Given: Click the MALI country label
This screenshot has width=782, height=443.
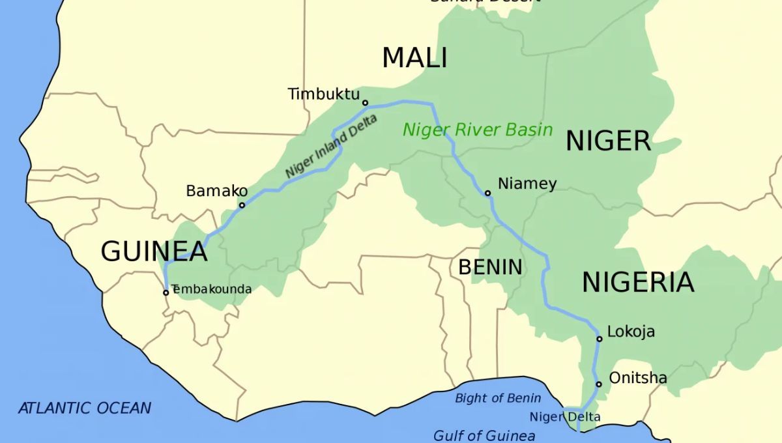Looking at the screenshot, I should point(414,58).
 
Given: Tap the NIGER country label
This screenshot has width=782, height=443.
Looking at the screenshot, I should point(607,141).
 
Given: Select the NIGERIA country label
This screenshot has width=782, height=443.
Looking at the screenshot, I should point(637,282).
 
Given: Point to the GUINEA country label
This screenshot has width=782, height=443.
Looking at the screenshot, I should point(154,251).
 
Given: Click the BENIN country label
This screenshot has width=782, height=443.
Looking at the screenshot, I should point(490,266).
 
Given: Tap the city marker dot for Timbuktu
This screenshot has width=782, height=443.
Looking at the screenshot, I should point(365,102).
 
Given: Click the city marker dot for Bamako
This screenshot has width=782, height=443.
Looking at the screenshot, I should point(242,205).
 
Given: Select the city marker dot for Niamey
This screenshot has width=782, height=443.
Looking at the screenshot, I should point(487,193).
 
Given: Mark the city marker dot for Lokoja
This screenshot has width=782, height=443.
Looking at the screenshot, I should point(600,339).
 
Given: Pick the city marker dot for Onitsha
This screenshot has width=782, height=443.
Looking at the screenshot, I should point(599,384).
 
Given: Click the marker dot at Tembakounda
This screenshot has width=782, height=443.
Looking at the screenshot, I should point(166,292).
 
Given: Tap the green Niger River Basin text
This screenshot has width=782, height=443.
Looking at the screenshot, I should point(477,129).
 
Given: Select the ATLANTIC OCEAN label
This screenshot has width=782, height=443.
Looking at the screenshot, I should point(85,408).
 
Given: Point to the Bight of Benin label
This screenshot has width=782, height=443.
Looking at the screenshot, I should point(498,398).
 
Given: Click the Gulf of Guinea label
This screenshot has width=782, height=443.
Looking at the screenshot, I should point(484,436).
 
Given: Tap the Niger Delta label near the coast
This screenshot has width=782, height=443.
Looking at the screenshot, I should point(564,417).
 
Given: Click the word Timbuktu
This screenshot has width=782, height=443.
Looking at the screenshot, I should point(323,94).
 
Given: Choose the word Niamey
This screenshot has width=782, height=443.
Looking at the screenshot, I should point(527,184).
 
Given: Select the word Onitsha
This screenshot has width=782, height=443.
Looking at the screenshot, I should point(637,378).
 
